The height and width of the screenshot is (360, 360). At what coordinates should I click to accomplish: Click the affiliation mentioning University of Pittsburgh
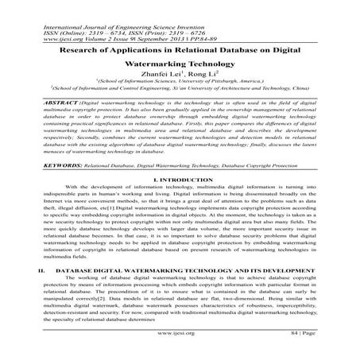180,82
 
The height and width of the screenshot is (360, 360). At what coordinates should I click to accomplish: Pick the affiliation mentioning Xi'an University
180,91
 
